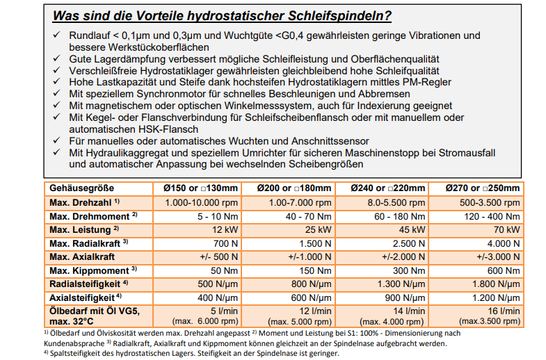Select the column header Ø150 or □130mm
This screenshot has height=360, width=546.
[196, 188]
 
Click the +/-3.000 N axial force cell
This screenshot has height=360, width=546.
[497, 256]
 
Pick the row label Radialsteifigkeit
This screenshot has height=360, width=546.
[81, 284]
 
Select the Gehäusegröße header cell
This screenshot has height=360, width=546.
[81, 188]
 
